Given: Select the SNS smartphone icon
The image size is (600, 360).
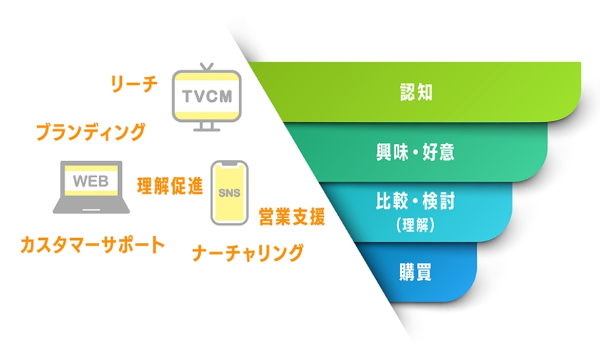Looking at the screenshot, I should tap(229, 192).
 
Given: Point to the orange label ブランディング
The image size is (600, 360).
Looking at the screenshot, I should tap(91, 132).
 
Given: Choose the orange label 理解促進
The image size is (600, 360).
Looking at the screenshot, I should tap(170, 186).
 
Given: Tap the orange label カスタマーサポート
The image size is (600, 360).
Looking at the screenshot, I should tap(92, 244).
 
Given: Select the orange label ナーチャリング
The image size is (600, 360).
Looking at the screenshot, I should tap(248, 253).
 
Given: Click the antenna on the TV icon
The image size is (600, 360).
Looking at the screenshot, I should tap(206, 67).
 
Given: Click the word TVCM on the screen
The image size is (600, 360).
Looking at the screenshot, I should tap(206, 97).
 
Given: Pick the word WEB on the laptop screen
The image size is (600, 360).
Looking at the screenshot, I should tap(91, 181).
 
